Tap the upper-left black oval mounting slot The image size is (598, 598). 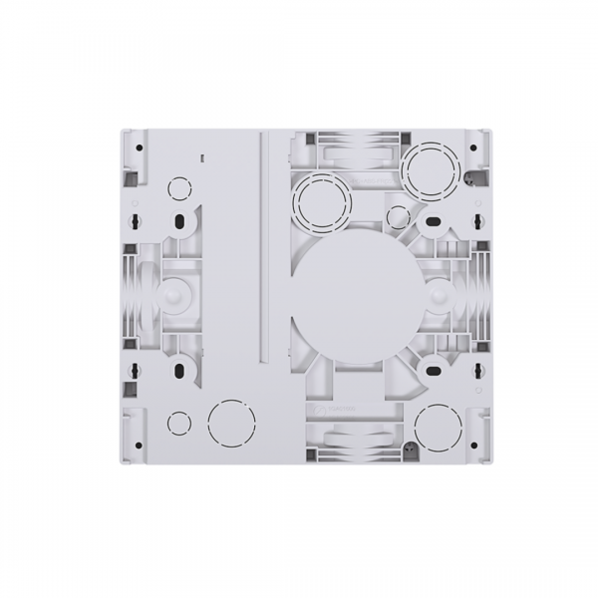pos(180,221)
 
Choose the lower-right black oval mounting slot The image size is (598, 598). pos(434,367)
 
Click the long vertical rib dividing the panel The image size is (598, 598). pos(263,244)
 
